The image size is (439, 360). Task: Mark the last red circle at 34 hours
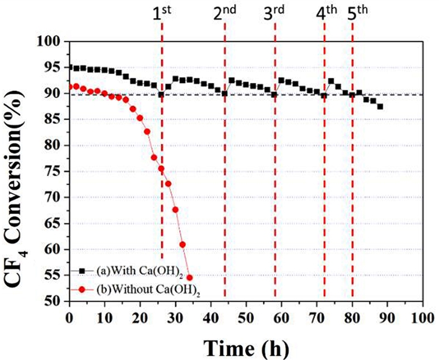click(x=190, y=278)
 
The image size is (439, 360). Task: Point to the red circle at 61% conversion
click(x=183, y=244)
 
